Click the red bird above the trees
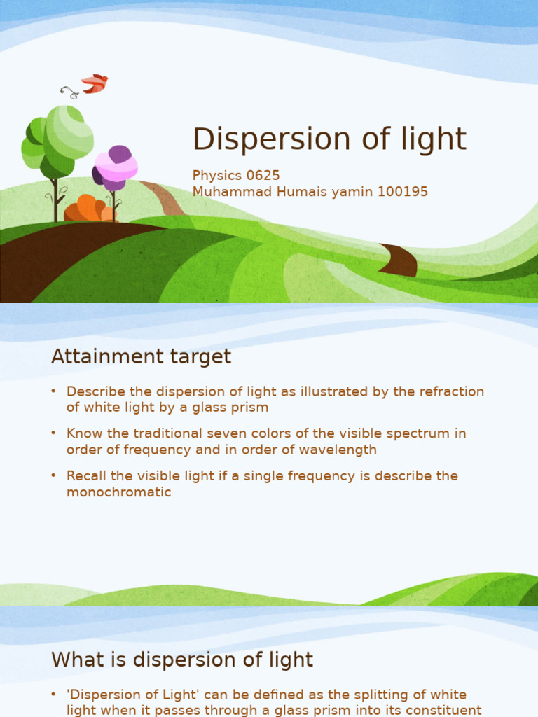pos(94,83)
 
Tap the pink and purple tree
pos(116,168)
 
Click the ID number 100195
pos(401,192)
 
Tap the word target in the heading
pos(202,357)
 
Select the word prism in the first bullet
pos(251,408)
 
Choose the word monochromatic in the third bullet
pos(119,492)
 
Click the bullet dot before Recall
pos(54,475)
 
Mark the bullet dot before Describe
pos(54,391)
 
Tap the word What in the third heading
pos(74,660)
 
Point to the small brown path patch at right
pos(400,260)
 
